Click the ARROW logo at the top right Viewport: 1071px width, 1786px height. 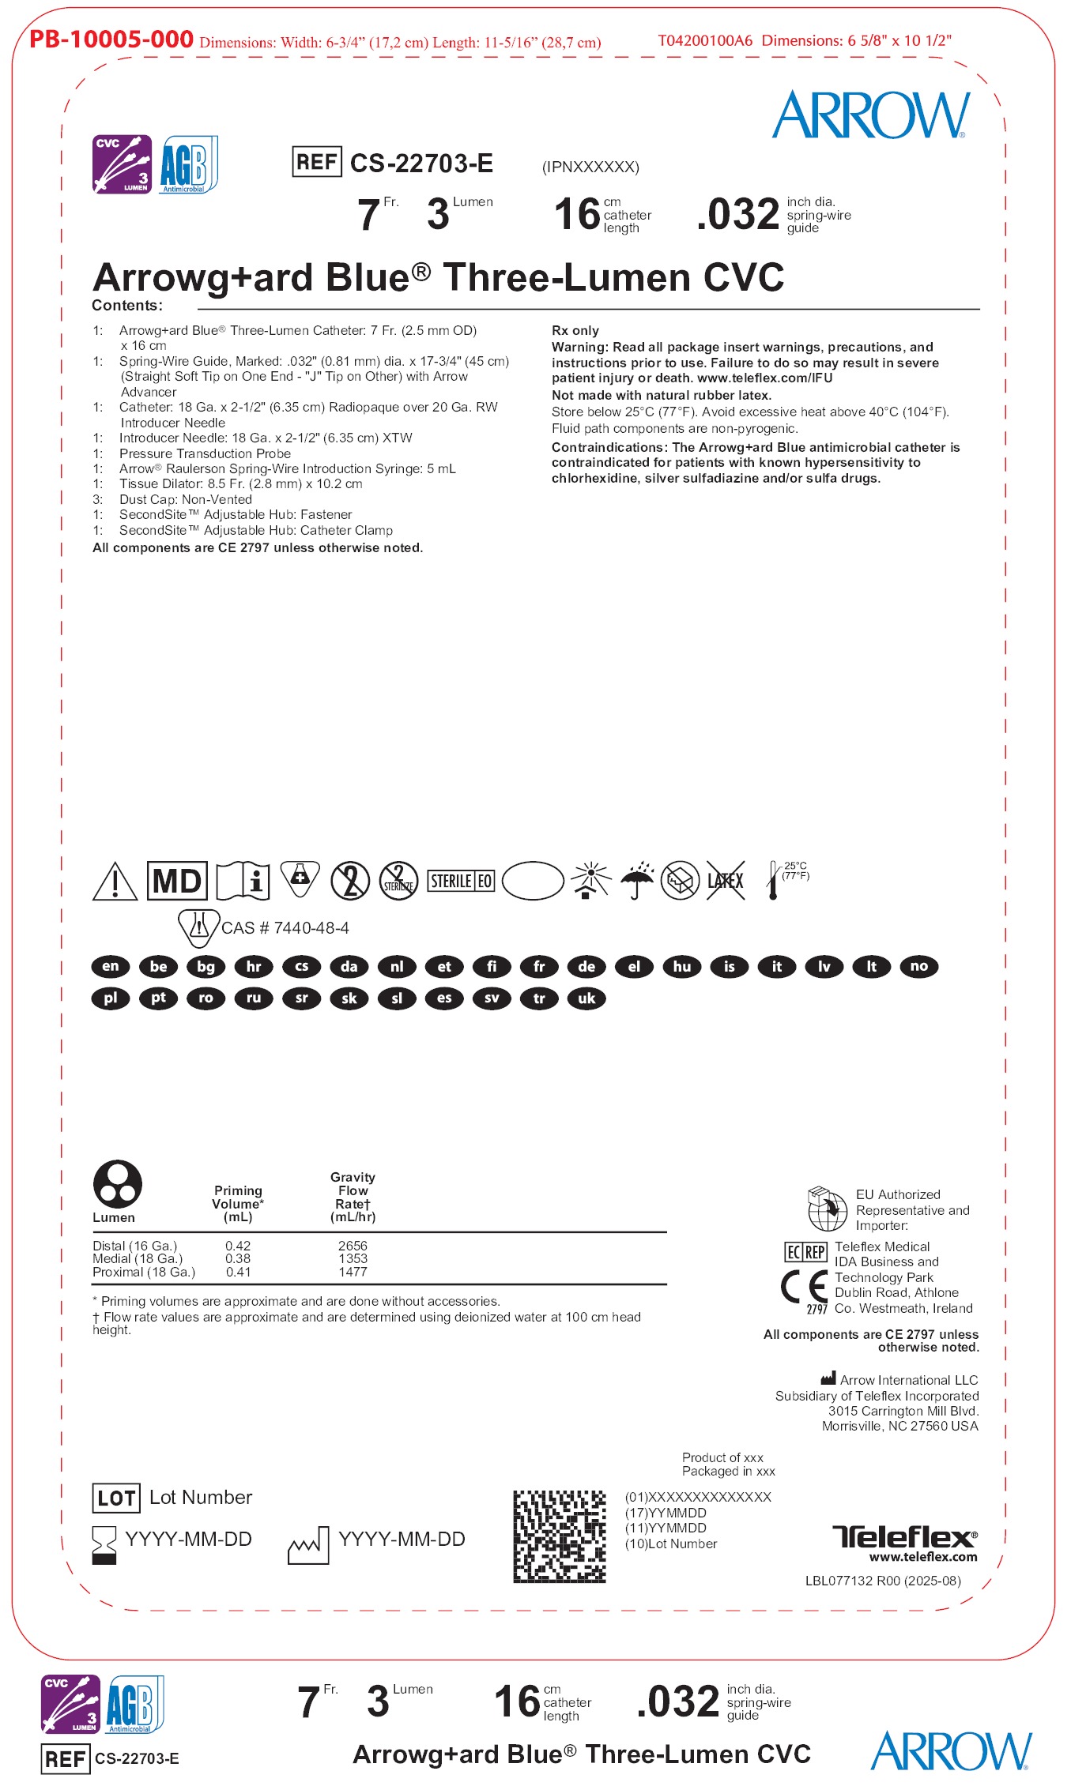click(x=871, y=115)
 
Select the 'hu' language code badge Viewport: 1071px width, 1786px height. click(x=681, y=966)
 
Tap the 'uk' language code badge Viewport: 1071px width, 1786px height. click(x=586, y=998)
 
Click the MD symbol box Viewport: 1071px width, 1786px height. click(x=177, y=881)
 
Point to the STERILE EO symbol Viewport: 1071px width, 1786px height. click(x=462, y=881)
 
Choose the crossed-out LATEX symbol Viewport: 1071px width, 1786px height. click(x=726, y=881)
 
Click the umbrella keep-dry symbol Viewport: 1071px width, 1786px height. click(x=637, y=880)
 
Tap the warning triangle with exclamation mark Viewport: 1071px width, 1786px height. click(x=115, y=882)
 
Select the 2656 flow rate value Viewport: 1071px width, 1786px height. click(x=353, y=1246)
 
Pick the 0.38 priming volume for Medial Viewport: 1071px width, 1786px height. click(x=238, y=1258)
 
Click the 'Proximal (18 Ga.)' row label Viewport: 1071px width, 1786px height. click(x=144, y=1272)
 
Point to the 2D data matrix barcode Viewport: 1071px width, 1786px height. click(x=560, y=1536)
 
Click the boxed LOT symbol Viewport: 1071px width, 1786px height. click(x=116, y=1498)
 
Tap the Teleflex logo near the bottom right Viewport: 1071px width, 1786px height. click(x=904, y=1537)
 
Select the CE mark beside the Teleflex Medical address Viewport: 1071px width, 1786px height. click(x=805, y=1286)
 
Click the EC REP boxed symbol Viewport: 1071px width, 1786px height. click(x=805, y=1252)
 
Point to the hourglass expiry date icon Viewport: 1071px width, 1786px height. click(x=104, y=1544)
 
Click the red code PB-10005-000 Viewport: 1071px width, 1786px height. click(x=111, y=39)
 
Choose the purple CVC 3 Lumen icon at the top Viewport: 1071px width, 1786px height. click(x=122, y=164)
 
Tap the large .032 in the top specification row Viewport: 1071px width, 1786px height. click(x=738, y=214)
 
